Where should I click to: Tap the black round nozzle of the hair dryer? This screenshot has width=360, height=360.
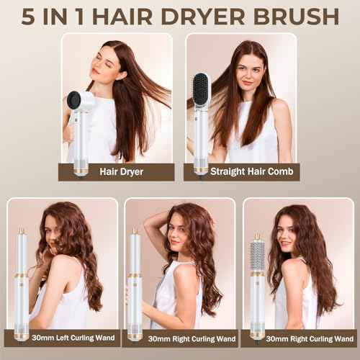(74, 101)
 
